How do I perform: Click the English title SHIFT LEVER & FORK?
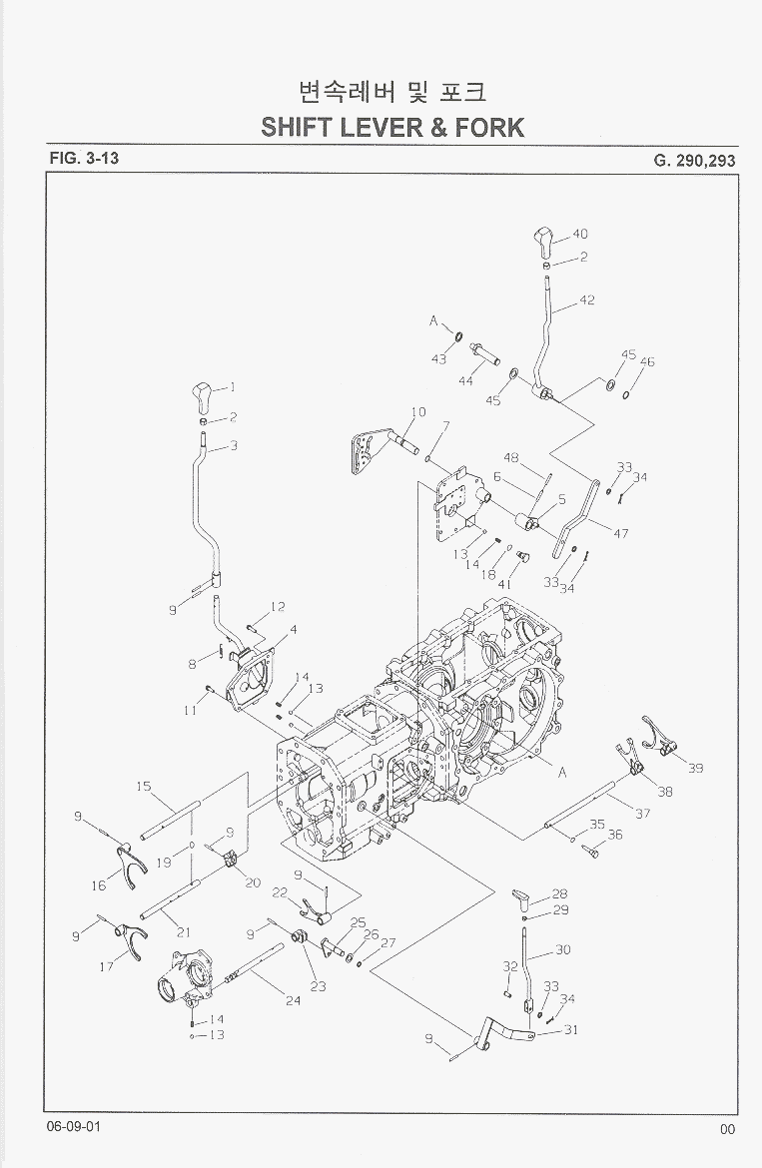pos(392,127)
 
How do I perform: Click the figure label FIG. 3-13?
pos(83,158)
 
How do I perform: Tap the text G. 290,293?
pos(695,160)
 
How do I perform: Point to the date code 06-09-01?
pos(72,1126)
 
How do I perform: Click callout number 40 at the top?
pos(579,234)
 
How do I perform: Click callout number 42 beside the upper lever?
pos(587,299)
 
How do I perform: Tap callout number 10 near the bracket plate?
pos(417,412)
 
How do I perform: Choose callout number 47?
pos(620,533)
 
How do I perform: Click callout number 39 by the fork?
pos(695,768)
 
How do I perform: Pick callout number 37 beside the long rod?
pos(642,814)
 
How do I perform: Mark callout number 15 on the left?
pos(144,787)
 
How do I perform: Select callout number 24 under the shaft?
pos(293,1000)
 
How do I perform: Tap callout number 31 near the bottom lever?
pos(570,1030)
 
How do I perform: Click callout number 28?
pos(559,893)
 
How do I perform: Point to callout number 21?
pos(184,932)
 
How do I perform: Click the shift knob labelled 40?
pos(543,241)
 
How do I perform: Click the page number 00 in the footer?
pos(726,1129)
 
